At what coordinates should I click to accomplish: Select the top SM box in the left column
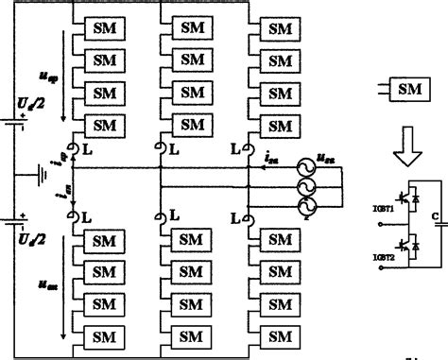coord(103,28)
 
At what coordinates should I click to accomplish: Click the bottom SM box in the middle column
coord(192,336)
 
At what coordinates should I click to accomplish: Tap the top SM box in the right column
coord(281,28)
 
